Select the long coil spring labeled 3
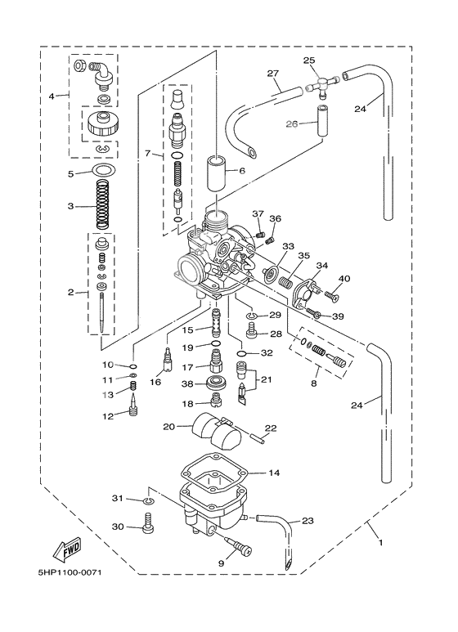(102, 207)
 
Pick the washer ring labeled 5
(103, 171)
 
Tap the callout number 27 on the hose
(273, 74)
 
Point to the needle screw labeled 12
(133, 406)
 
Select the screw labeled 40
(333, 294)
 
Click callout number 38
(186, 383)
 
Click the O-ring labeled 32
(243, 353)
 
